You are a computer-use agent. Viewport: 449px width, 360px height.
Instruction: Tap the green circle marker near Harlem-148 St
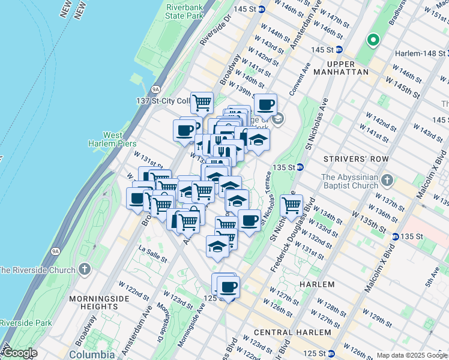[373, 41]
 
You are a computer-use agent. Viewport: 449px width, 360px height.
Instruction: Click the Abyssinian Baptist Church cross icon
[387, 179]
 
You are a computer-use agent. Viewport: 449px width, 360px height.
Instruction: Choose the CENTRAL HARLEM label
[292, 332]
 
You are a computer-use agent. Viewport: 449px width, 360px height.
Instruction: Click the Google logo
[19, 353]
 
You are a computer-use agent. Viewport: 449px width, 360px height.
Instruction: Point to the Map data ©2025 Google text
[411, 355]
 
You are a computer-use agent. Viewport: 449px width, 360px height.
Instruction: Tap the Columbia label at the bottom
[92, 354]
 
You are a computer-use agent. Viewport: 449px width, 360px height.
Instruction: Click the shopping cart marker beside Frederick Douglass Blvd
[291, 206]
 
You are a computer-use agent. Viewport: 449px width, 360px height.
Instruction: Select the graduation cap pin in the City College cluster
[258, 139]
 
